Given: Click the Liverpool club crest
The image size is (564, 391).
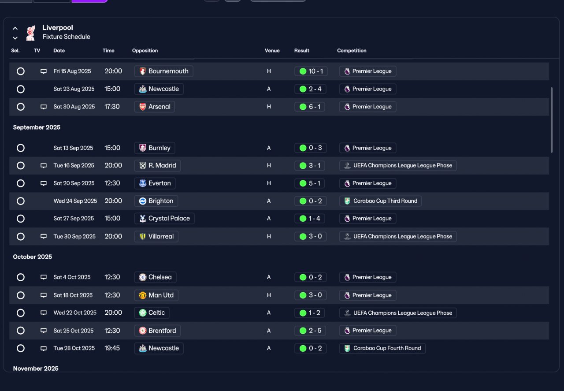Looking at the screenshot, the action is [x=31, y=33].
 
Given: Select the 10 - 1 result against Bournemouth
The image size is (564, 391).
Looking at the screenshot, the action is [x=311, y=71].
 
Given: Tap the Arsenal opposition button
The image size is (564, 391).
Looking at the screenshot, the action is [x=155, y=107].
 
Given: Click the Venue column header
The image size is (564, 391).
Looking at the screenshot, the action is [x=272, y=51].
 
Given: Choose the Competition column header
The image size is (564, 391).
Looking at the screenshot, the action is [x=352, y=51].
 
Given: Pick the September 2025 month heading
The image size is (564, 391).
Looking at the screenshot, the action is [x=37, y=127].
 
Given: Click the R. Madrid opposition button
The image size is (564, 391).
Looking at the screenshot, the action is [x=157, y=165].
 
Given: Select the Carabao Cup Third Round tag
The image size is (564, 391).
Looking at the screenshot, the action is [x=380, y=201].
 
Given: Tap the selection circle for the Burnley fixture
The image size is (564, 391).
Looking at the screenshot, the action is [x=21, y=148].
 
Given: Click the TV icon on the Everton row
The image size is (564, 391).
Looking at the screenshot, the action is [x=44, y=183].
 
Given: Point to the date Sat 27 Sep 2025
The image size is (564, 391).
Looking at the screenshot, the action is [x=74, y=219].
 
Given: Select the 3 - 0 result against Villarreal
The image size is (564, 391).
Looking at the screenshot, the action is [x=311, y=237].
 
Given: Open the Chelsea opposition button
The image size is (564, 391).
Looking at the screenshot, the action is [x=156, y=277].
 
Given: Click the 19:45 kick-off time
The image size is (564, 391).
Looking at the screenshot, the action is [x=112, y=348].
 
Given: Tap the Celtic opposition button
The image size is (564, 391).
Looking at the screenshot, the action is [x=152, y=313].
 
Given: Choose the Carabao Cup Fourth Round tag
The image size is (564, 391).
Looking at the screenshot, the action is [x=382, y=348].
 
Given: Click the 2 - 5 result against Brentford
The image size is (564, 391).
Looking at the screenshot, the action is [x=310, y=331].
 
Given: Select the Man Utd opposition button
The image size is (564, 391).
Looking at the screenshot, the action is [x=156, y=295].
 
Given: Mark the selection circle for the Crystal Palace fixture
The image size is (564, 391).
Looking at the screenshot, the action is [x=21, y=219].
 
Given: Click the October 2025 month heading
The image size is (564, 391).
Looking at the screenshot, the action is [x=33, y=257].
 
